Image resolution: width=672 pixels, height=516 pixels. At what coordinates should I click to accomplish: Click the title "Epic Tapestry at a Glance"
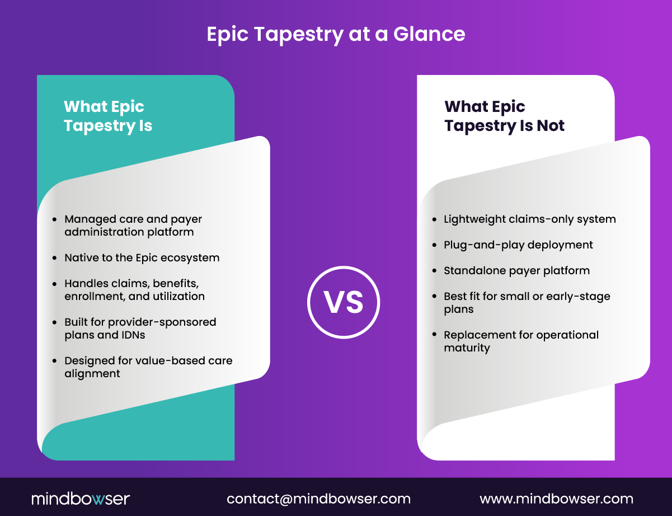point(336,34)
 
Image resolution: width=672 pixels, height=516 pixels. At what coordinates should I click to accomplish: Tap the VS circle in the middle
point(344,302)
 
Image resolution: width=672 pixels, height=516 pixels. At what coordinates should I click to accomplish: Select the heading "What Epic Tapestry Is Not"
point(504,116)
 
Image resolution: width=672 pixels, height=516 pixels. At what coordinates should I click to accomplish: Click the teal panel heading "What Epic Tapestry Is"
point(108,116)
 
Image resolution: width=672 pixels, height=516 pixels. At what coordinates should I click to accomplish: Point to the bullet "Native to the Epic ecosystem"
point(142,258)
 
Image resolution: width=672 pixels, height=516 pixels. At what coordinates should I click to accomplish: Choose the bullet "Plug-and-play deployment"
point(518,245)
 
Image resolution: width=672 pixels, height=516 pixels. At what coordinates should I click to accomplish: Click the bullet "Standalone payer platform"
point(516,271)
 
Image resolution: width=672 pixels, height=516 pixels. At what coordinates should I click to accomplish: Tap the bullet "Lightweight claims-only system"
point(529,219)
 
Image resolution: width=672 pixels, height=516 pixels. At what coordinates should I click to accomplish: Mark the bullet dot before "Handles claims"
point(54,284)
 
